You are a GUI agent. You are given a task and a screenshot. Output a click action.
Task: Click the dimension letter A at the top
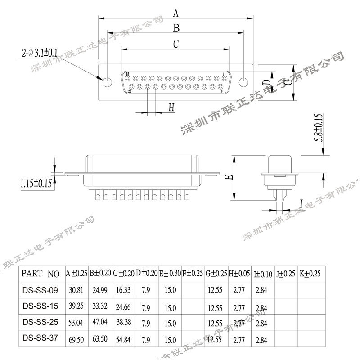click(175, 12)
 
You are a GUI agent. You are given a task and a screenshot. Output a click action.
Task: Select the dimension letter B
click(176, 28)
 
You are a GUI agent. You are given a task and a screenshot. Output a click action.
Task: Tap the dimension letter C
click(176, 44)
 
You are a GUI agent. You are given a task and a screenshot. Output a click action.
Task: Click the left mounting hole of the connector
click(108, 82)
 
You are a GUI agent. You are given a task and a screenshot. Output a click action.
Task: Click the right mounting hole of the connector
click(243, 82)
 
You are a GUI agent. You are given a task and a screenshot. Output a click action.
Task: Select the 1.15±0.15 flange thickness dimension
click(36, 183)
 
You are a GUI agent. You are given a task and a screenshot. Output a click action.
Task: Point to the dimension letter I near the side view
click(301, 205)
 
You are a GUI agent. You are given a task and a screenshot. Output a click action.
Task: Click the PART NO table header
click(40, 273)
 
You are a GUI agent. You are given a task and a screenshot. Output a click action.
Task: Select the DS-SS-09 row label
click(40, 290)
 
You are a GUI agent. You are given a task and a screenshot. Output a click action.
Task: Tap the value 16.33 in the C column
click(124, 290)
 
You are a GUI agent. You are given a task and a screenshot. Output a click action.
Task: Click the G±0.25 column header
click(216, 273)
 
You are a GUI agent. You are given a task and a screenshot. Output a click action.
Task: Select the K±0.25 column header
click(310, 273)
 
